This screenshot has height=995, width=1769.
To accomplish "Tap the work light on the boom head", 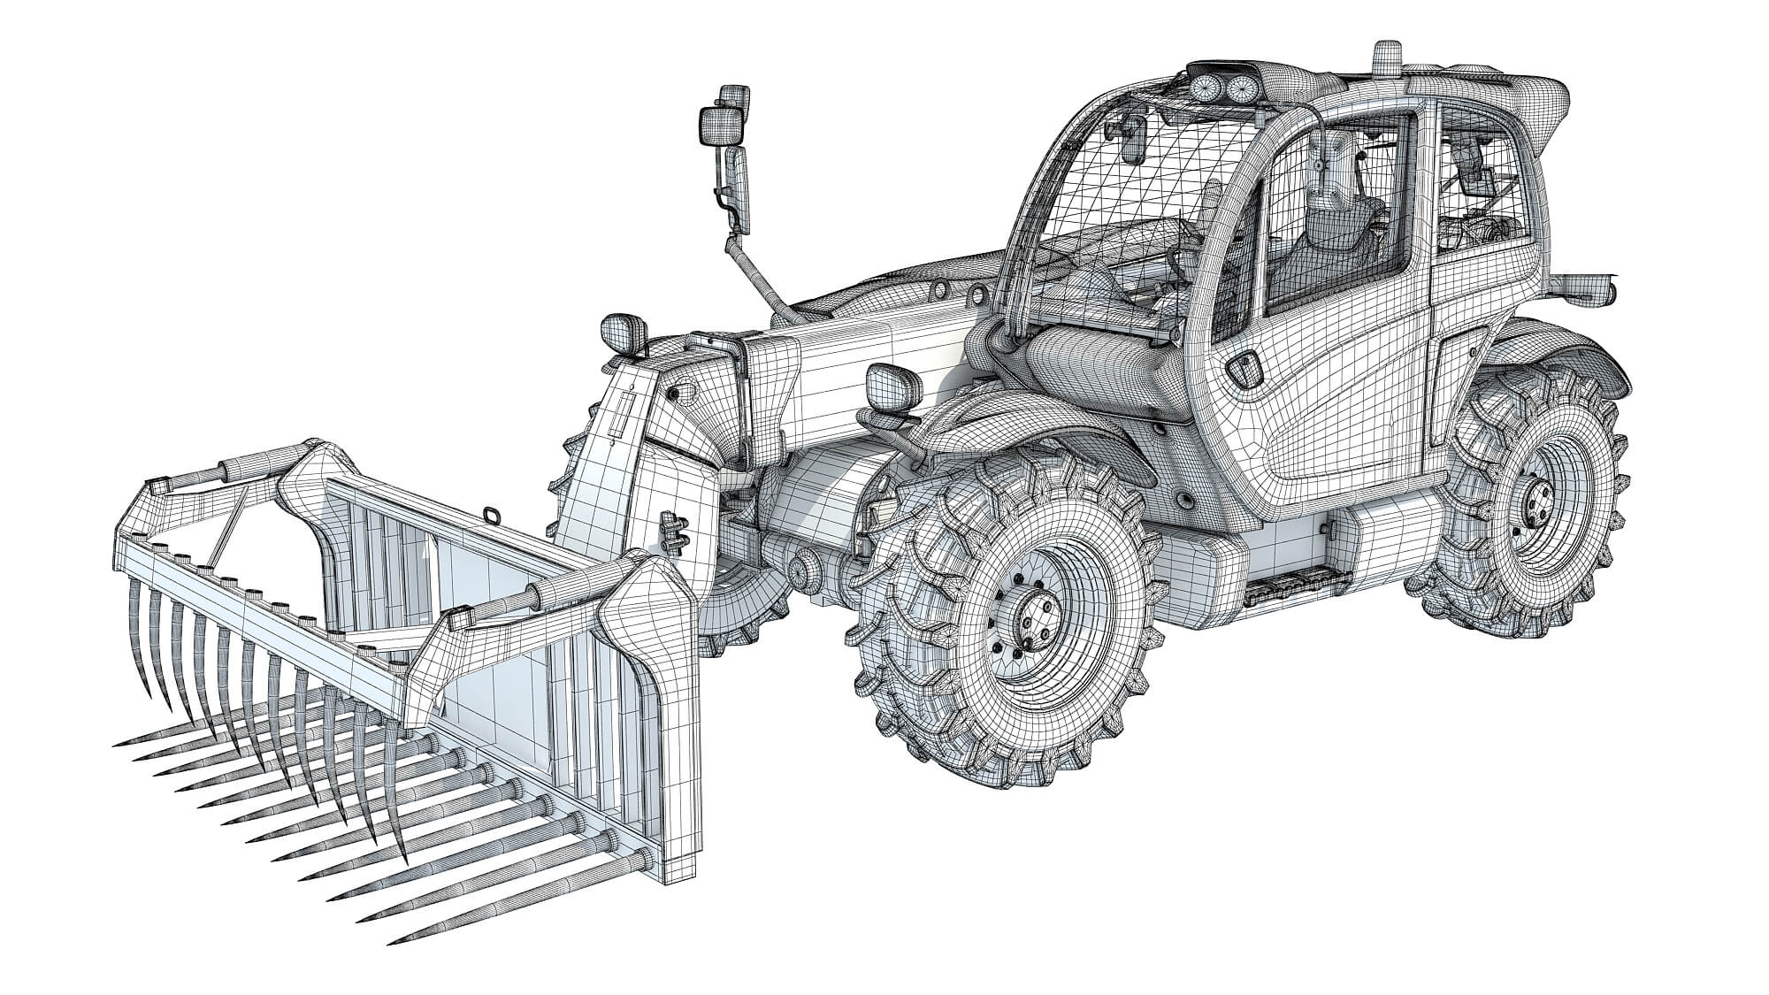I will [616, 332].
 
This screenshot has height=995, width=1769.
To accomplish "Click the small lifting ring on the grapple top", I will [490, 514].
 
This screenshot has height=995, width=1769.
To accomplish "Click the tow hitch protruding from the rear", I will [1588, 287].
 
